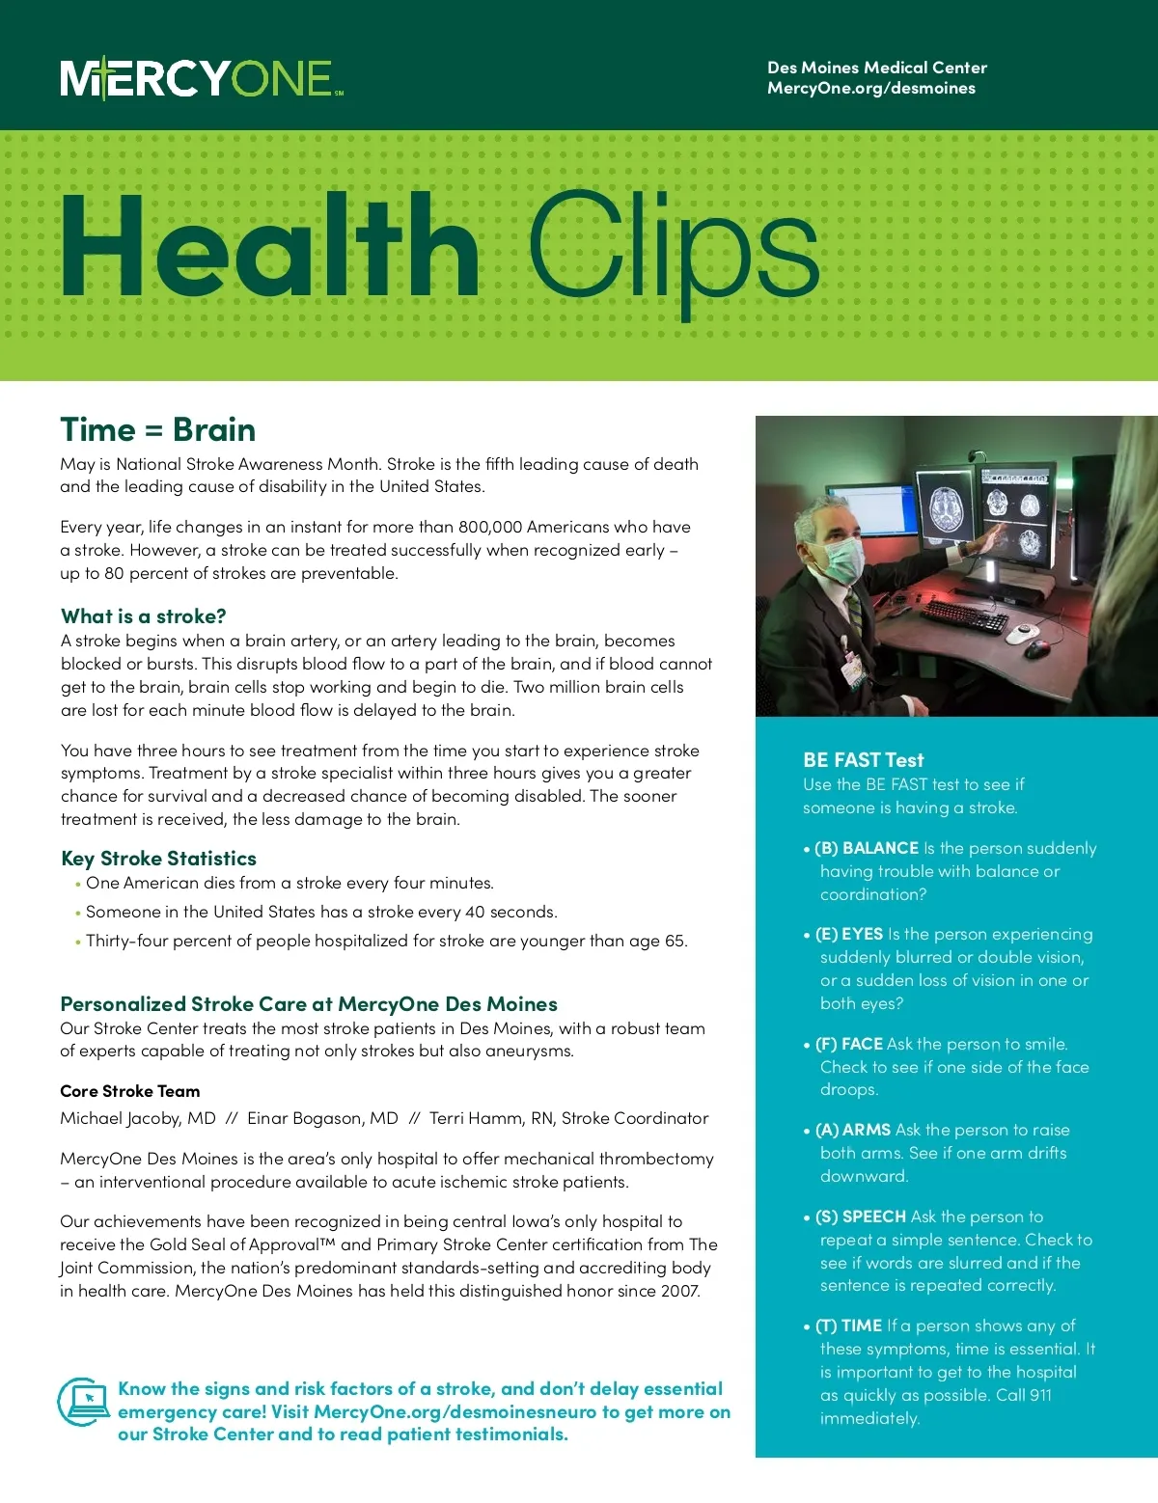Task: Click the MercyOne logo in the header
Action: (x=202, y=78)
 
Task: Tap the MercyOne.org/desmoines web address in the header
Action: (x=870, y=89)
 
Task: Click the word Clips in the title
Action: (x=673, y=248)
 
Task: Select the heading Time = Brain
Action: (x=157, y=429)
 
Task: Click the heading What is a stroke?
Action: (x=143, y=616)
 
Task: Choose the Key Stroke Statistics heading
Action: (x=158, y=859)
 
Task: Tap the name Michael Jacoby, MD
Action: (x=138, y=1118)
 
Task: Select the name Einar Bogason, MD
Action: (x=322, y=1118)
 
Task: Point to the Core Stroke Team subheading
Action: (x=130, y=1091)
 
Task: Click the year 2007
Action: (x=679, y=1291)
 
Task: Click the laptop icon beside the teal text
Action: (x=84, y=1403)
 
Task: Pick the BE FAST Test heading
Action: (x=863, y=760)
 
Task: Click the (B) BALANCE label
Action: (x=867, y=848)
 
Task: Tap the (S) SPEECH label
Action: (x=861, y=1216)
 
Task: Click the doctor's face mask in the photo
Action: (x=841, y=560)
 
